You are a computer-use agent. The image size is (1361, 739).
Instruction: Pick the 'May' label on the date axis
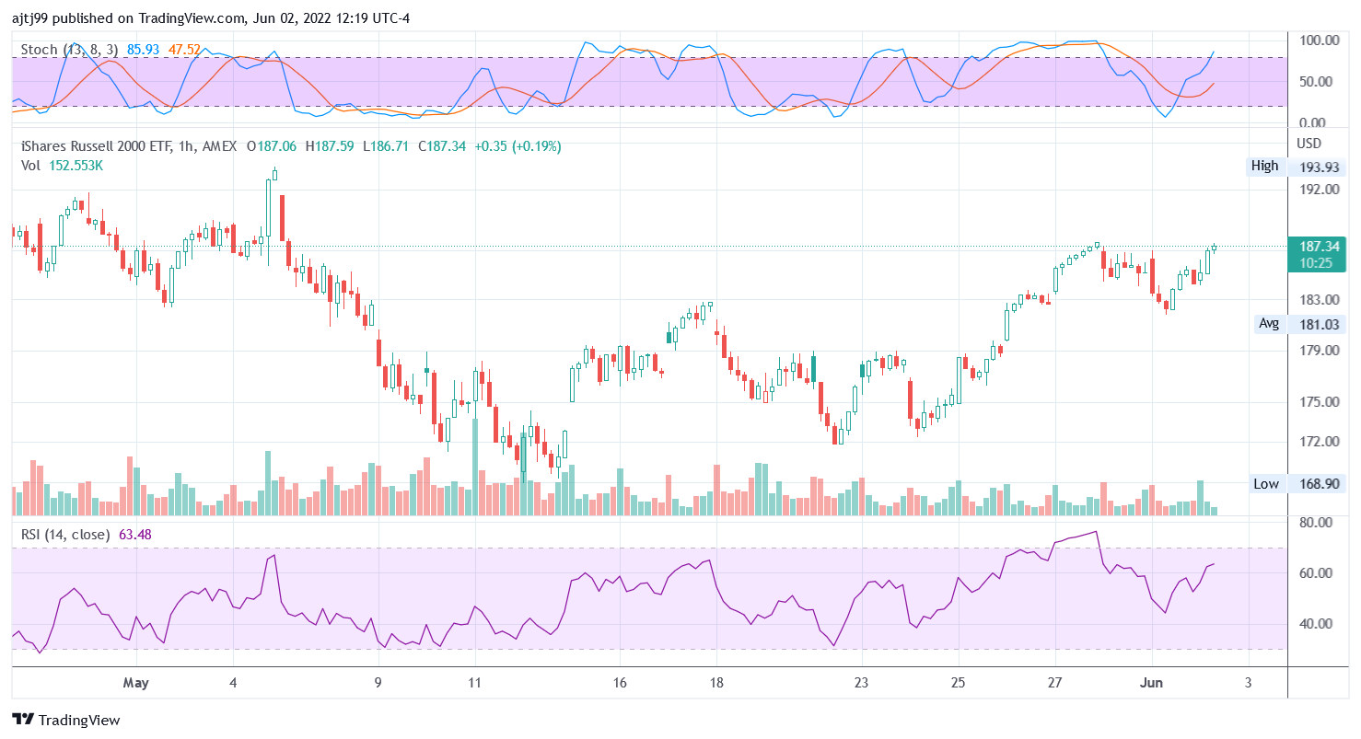click(135, 684)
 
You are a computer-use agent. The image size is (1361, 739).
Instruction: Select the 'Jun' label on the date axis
click(1152, 684)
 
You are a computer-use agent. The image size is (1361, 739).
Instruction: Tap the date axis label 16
click(620, 684)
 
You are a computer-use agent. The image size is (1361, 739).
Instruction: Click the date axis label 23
click(861, 684)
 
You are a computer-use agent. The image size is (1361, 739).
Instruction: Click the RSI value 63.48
click(135, 535)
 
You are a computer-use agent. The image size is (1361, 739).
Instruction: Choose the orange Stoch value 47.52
click(184, 50)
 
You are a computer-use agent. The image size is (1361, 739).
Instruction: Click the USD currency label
click(1309, 144)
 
